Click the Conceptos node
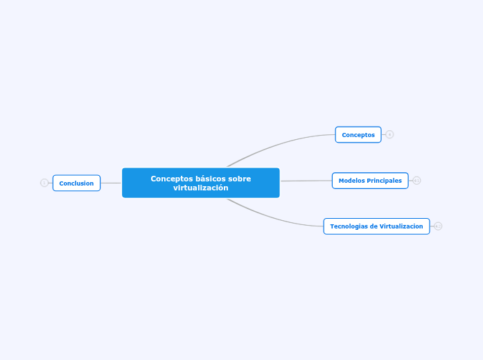(x=358, y=134)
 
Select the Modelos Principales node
(x=370, y=181)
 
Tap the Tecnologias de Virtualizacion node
(x=376, y=226)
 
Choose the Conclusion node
(x=76, y=183)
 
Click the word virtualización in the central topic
(x=200, y=188)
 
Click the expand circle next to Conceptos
(x=390, y=134)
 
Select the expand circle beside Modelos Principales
(x=417, y=181)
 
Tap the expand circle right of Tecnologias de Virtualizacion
(x=438, y=226)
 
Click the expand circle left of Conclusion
(x=44, y=183)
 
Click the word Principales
(x=385, y=181)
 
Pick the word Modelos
(x=351, y=181)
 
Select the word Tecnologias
(x=349, y=226)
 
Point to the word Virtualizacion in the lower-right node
(x=398, y=226)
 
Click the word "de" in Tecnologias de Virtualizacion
(x=372, y=226)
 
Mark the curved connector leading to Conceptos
(x=277, y=144)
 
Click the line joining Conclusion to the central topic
(x=111, y=183)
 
